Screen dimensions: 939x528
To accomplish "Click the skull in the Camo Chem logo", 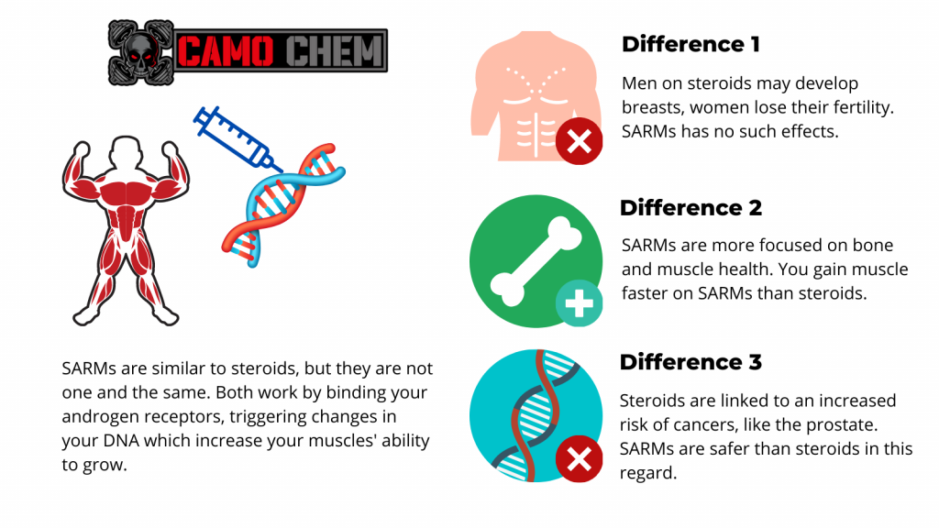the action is [x=140, y=52].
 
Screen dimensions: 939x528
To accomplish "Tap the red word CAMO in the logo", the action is [x=226, y=51].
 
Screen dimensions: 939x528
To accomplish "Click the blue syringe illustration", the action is [x=238, y=139].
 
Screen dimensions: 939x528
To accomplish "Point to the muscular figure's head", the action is [x=126, y=154].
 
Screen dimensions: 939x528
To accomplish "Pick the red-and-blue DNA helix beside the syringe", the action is [x=282, y=204].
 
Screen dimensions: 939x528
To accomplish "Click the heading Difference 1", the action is [x=690, y=44].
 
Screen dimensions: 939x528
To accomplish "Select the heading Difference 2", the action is [x=690, y=208].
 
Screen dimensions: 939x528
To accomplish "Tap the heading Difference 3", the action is [x=690, y=362].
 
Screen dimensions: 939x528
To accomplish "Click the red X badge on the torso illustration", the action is [x=579, y=141].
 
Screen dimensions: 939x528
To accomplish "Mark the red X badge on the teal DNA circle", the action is [x=579, y=459].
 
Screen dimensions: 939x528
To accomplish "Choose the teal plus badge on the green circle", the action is [x=579, y=303].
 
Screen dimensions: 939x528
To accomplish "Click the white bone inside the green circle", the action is [x=536, y=261].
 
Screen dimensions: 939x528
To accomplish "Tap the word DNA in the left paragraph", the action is [x=121, y=441].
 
